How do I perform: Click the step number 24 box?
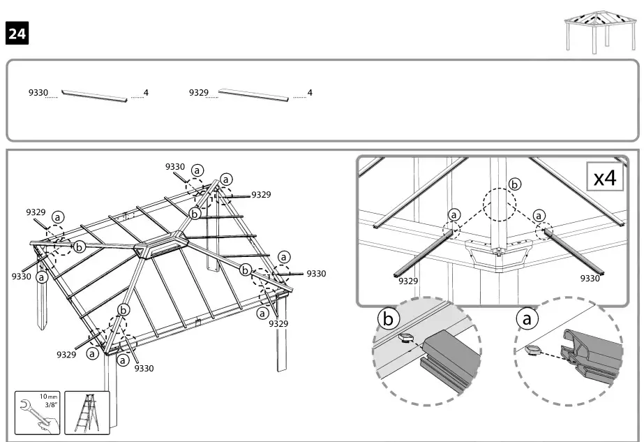(x=17, y=32)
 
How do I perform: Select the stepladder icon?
(x=87, y=413)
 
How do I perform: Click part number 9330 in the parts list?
(x=38, y=93)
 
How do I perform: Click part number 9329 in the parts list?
(x=199, y=93)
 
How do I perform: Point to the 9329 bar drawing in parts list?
(x=253, y=95)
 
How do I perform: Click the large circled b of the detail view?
(x=388, y=319)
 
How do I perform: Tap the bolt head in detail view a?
(x=534, y=349)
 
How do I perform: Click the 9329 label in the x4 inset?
(x=408, y=281)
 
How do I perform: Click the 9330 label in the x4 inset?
(x=590, y=278)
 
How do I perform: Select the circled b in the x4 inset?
(x=514, y=184)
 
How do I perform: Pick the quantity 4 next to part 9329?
(x=310, y=93)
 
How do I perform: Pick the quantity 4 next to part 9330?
(x=146, y=93)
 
